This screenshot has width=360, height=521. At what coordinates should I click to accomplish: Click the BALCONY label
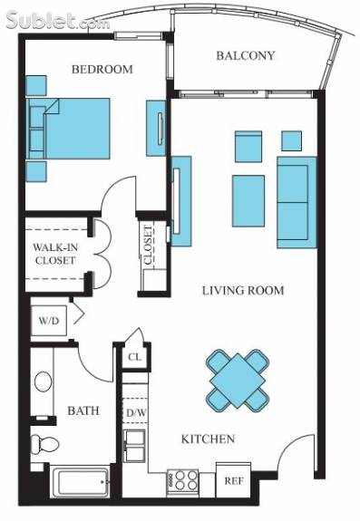246,55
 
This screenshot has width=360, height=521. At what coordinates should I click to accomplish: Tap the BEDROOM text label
102,69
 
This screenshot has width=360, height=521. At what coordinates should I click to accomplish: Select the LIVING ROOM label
243,291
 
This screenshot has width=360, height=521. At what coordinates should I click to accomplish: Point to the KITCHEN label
208,439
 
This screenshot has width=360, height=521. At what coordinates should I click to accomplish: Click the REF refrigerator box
234,480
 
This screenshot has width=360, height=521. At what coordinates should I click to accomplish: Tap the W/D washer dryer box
49,321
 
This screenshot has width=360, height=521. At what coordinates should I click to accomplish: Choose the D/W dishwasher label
136,412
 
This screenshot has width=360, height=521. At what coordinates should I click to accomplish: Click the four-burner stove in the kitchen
182,480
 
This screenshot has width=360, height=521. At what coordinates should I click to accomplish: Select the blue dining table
238,381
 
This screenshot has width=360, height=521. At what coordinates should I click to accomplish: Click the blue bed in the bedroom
68,129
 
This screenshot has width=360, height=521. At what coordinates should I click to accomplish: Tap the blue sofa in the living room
297,202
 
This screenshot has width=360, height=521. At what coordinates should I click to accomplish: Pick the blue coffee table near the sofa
248,201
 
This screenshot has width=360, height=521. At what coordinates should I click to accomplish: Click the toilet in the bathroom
44,444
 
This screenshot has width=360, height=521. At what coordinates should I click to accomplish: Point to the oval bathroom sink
44,381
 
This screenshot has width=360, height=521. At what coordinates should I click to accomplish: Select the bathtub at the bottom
82,482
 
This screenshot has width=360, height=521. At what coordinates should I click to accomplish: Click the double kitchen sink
134,446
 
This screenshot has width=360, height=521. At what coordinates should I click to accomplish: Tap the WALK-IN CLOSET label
55,254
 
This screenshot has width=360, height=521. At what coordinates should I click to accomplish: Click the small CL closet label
134,357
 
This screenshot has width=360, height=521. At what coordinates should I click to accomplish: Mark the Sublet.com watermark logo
58,21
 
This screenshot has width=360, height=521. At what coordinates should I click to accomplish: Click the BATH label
83,410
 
